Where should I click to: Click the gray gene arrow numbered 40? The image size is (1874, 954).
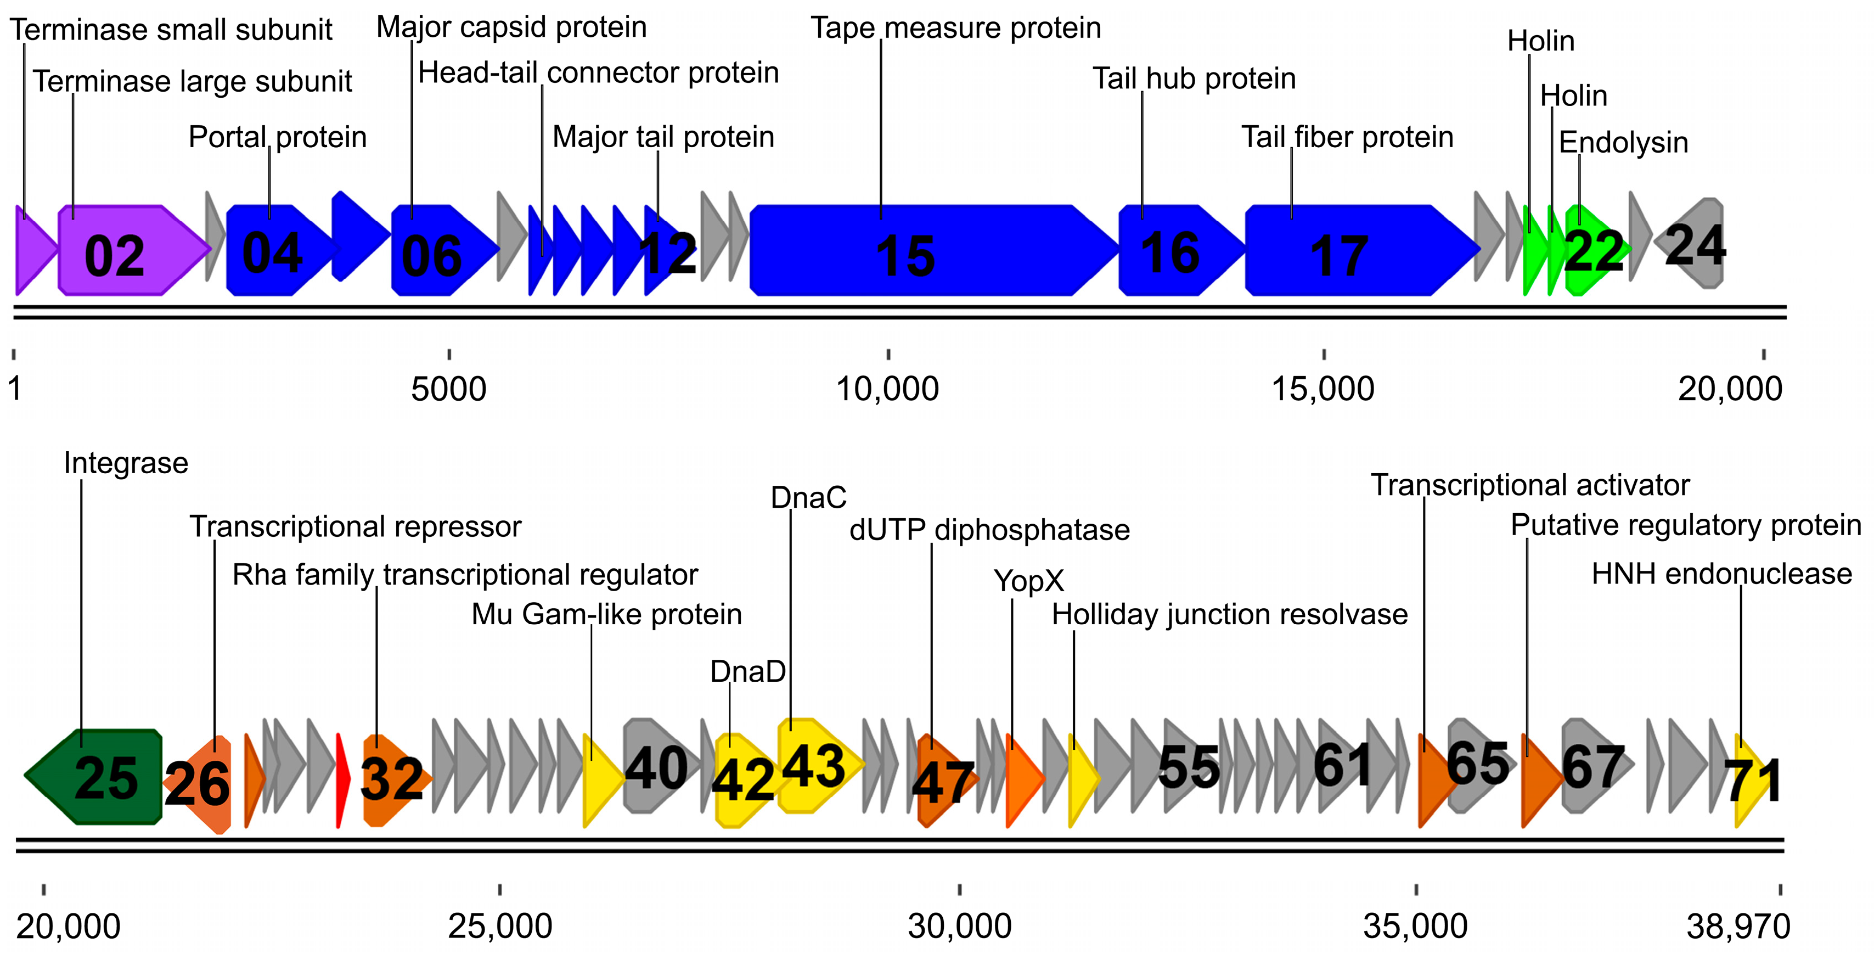tap(655, 766)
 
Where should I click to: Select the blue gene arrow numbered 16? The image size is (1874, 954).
tap(1175, 251)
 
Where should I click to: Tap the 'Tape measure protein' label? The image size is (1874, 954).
tap(955, 27)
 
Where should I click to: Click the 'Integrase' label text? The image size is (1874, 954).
tap(126, 463)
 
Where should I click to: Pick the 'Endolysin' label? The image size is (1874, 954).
tap(1623, 142)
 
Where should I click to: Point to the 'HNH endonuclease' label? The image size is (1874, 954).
tap(1721, 574)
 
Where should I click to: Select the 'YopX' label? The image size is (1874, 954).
tap(1029, 581)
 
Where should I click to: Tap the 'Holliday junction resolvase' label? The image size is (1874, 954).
tap(1229, 614)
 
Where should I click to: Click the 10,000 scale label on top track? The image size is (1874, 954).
tap(887, 389)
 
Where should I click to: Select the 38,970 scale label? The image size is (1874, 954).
tap(1738, 927)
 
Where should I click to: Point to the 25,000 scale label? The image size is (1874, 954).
tap(500, 927)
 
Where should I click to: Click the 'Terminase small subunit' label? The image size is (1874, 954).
tap(171, 30)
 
